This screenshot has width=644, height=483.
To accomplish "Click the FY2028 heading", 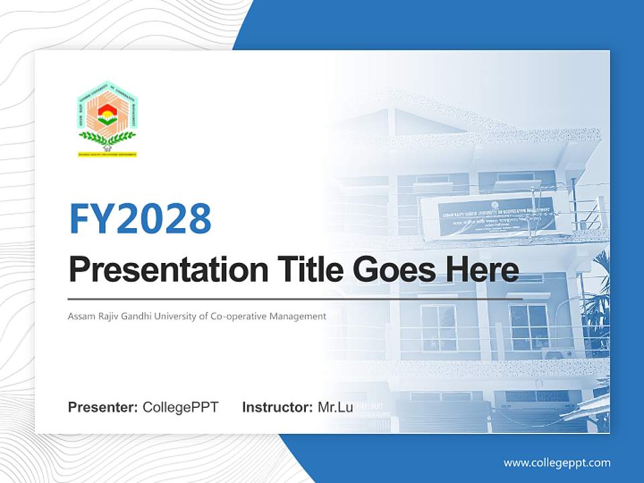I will click(x=140, y=218).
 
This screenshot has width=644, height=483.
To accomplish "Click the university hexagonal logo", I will click(x=107, y=114).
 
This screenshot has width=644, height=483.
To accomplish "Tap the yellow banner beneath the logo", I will click(x=107, y=154).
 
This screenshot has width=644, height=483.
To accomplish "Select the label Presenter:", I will click(x=103, y=407).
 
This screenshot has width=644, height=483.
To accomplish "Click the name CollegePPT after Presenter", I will click(x=180, y=407).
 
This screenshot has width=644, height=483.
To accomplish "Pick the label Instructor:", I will click(x=278, y=407).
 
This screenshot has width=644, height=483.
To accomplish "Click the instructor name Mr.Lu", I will click(x=335, y=407).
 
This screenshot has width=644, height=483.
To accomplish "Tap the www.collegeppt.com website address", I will click(x=557, y=463).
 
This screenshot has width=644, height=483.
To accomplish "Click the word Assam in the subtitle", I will click(x=80, y=315).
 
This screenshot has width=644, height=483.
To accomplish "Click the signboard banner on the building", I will click(x=488, y=215).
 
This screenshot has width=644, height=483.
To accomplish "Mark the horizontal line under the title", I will click(x=295, y=299).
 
